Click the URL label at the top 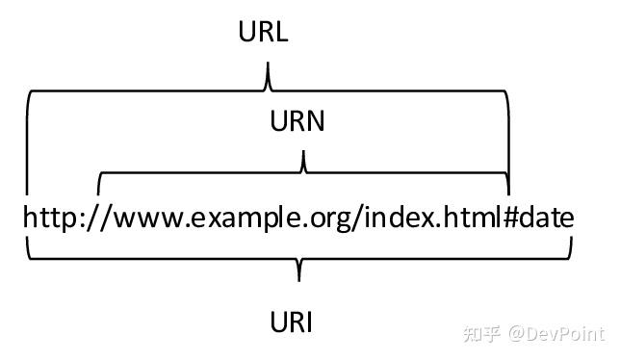tap(263, 32)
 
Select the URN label tap(297, 122)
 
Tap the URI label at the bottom tap(291, 321)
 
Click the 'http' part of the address tap(49, 219)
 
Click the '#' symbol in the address tap(510, 219)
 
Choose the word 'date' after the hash tap(548, 219)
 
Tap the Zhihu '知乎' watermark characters tap(481, 334)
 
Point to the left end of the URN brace tap(100, 185)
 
